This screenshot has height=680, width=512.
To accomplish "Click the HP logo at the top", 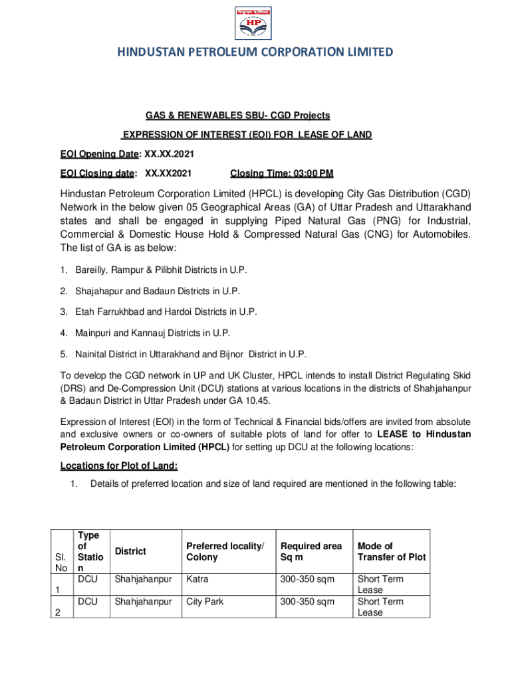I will tap(255, 23).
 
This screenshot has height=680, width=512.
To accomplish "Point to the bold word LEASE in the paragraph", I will tap(392, 434).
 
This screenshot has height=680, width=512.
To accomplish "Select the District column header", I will tap(130, 551).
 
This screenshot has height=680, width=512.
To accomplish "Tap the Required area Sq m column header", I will tap(311, 551).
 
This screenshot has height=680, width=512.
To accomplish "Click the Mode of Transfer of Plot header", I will tap(391, 551).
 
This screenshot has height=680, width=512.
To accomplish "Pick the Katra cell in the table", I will tap(197, 579).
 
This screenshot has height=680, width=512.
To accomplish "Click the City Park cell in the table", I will tap(205, 602).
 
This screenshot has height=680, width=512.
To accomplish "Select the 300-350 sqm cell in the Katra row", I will tap(307, 579).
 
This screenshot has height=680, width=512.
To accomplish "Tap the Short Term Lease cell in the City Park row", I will tap(380, 607).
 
